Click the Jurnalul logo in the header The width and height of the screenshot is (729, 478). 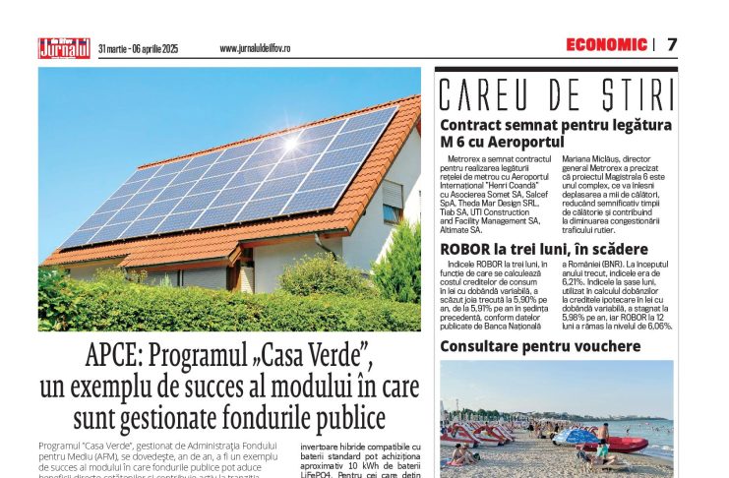click(64, 47)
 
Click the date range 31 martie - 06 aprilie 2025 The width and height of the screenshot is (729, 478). click(139, 48)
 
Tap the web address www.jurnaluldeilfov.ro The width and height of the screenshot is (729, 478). click(254, 48)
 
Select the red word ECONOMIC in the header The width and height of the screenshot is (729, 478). click(606, 44)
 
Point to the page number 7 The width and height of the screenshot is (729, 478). click(672, 44)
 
